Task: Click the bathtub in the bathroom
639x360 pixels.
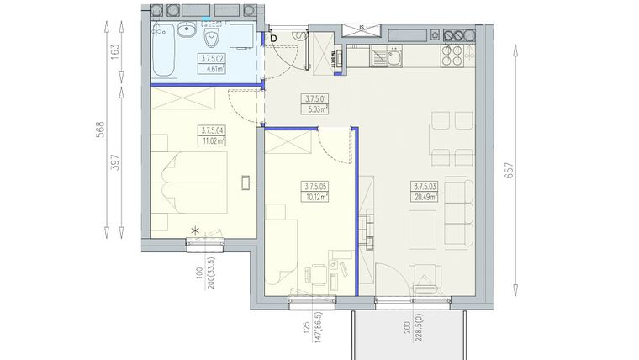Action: point(164,50)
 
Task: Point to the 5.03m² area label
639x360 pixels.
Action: point(316,107)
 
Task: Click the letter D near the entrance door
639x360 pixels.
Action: point(272,37)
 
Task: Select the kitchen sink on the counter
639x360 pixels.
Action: point(388,58)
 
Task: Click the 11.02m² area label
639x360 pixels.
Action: point(215,141)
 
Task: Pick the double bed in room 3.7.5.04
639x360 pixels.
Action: point(181,181)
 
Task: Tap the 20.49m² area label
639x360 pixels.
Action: point(426,197)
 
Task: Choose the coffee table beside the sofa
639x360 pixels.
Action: point(422,227)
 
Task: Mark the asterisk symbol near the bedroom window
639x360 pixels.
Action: point(196,230)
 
